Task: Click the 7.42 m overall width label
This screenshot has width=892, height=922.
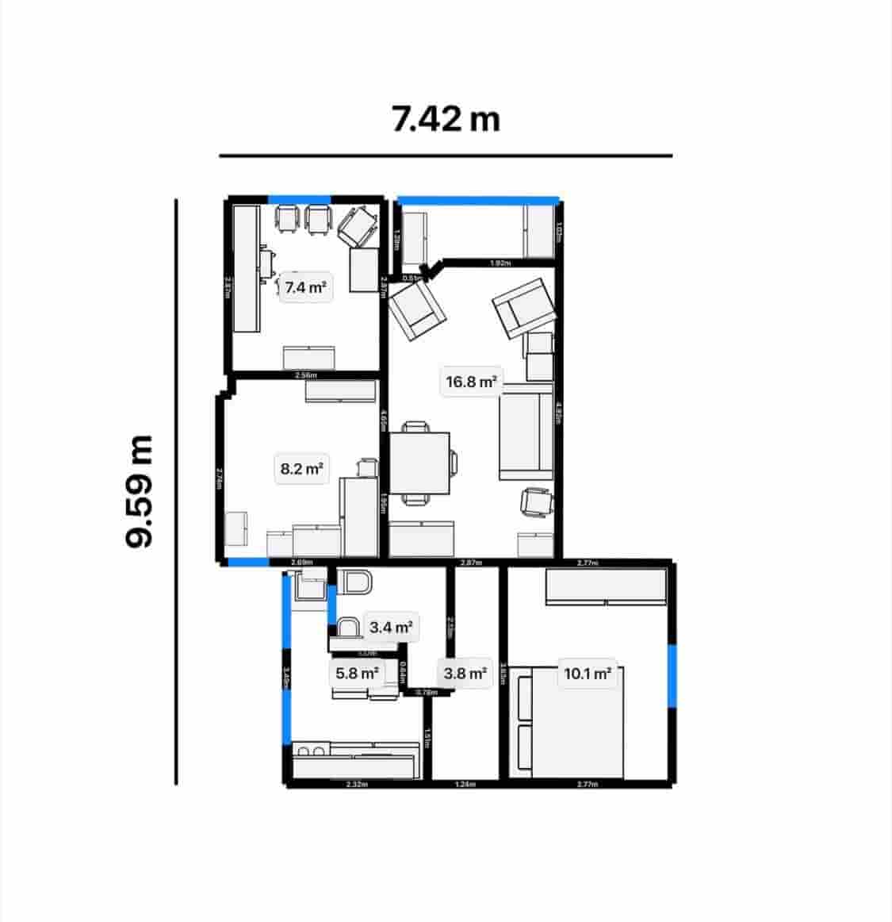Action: tap(446, 119)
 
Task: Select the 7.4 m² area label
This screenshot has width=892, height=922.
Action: tap(305, 286)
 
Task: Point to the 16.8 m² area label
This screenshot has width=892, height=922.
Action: tap(471, 382)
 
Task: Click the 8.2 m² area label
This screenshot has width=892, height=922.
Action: tap(301, 469)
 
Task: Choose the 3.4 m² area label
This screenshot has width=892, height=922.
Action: tap(391, 628)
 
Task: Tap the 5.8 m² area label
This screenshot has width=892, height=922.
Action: tap(357, 674)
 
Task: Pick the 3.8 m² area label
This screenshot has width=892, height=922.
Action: tap(465, 674)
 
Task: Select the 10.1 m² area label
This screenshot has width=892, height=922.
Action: tap(587, 674)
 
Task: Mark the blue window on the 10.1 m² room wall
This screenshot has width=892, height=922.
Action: tap(672, 675)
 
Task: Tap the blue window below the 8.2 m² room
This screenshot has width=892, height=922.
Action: tap(247, 562)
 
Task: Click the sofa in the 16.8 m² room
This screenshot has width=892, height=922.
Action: tap(525, 432)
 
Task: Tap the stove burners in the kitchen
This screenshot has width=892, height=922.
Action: tap(311, 750)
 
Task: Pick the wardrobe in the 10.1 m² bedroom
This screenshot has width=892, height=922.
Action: tap(606, 587)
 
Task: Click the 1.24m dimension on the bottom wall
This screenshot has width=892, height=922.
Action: tap(465, 785)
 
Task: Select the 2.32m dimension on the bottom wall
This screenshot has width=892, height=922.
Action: tap(357, 785)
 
